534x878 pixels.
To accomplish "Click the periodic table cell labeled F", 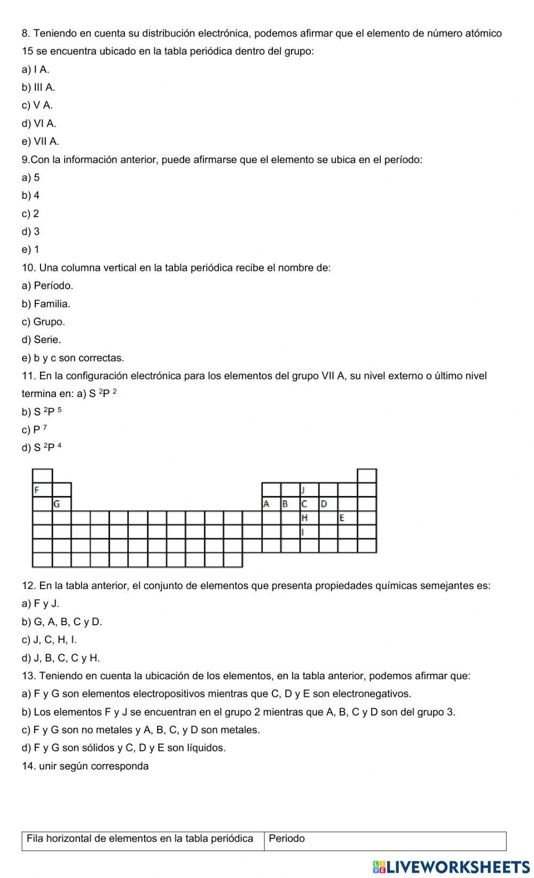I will click(x=43, y=489).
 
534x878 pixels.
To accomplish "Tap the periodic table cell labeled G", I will click(x=61, y=503).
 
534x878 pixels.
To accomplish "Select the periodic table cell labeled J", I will click(x=309, y=489).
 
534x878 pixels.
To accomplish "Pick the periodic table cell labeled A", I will click(x=271, y=503).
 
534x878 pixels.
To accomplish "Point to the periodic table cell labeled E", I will click(x=347, y=517).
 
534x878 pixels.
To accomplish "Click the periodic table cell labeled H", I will click(x=309, y=517).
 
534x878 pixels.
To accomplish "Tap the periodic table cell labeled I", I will click(x=309, y=532).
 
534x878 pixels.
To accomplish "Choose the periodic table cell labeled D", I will click(x=328, y=503).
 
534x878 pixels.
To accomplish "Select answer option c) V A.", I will click(x=37, y=105).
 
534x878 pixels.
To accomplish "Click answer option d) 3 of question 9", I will click(x=31, y=231).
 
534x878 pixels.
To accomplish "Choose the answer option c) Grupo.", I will click(x=43, y=322).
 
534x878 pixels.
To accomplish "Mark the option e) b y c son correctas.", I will click(x=73, y=358).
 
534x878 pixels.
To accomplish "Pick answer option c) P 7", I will click(x=35, y=430).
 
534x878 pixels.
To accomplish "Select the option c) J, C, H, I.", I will click(x=49, y=640).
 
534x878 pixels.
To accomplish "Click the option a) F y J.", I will click(x=41, y=604).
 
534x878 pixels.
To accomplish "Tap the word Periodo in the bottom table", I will click(x=287, y=838).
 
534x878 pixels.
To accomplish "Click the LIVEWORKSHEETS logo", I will click(x=451, y=866).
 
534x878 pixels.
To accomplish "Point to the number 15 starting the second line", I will click(x=27, y=51).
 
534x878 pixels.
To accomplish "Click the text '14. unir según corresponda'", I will click(x=85, y=766).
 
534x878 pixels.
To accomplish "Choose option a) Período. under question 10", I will click(x=48, y=285).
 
